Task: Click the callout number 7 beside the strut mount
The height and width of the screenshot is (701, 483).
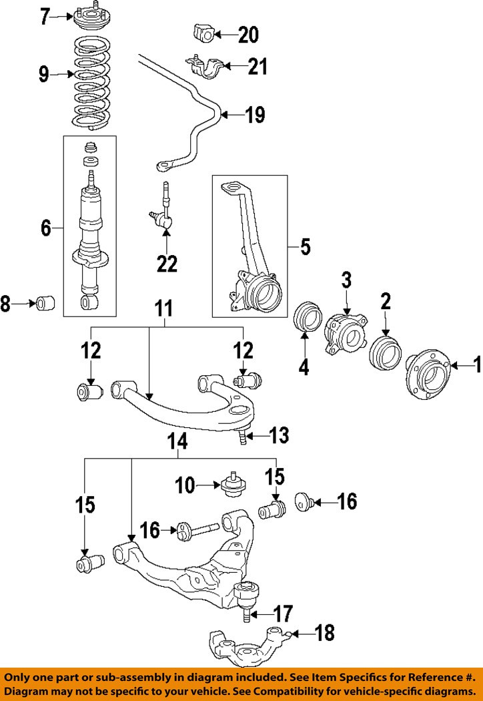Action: coord(45,16)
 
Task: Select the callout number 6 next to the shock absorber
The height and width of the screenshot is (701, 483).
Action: coord(45,228)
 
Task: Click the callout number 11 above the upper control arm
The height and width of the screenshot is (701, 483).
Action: coord(164,308)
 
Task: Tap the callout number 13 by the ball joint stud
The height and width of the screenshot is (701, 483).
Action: coord(279,436)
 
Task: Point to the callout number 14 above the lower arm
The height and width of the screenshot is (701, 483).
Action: coord(178,441)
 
